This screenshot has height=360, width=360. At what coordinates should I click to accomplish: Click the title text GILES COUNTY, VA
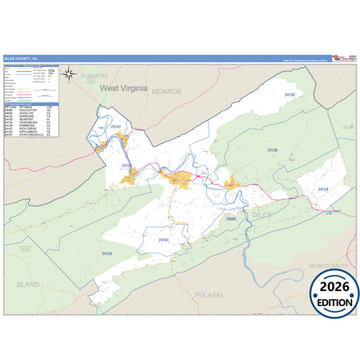pos(20,58)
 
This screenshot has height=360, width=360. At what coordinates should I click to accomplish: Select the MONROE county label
pos(167,91)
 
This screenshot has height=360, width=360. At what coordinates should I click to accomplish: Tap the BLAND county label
pos(28,284)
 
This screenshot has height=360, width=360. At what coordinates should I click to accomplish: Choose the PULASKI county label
pos(203,295)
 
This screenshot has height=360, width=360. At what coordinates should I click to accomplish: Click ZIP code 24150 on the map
pos(289,95)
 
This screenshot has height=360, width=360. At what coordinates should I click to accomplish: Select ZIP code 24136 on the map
pos(272,150)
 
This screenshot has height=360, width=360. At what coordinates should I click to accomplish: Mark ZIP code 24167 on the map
pos(163,240)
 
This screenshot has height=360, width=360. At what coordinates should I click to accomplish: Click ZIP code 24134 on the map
pos(106,253)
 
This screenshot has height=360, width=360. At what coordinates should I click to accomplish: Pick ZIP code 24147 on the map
pos(115,126)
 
